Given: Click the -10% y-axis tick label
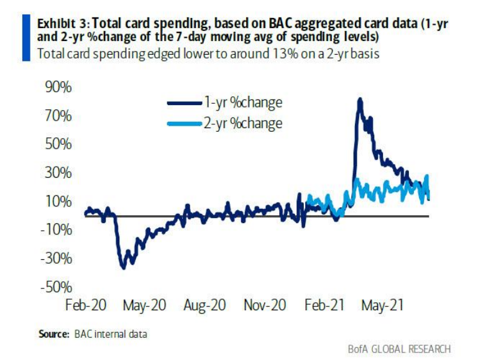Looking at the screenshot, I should pyautogui.click(x=58, y=229).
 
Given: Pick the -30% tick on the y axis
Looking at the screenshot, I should pyautogui.click(x=58, y=258).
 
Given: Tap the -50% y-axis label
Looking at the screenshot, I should pyautogui.click(x=58, y=287).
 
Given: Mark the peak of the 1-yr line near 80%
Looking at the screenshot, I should pyautogui.click(x=359, y=99).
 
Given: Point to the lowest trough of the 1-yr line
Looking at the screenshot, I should pyautogui.click(x=123, y=268).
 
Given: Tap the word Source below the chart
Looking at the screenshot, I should pyautogui.click(x=53, y=335).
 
